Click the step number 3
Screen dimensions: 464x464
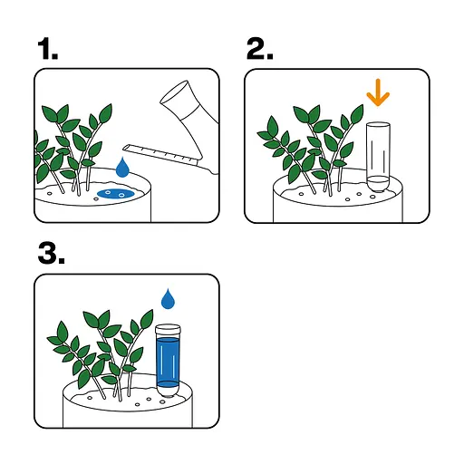pyautogui.click(x=49, y=256)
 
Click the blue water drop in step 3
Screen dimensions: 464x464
pyautogui.click(x=168, y=298)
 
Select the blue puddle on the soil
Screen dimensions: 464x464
pyautogui.click(x=115, y=193)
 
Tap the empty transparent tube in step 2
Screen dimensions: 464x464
pyautogui.click(x=378, y=152)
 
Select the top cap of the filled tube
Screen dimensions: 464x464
pyautogui.click(x=167, y=330)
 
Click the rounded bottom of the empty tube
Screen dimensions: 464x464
pyautogui.click(x=378, y=185)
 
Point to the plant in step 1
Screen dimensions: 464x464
pyautogui.click(x=72, y=145)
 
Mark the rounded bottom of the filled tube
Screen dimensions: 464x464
pyautogui.click(x=167, y=390)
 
